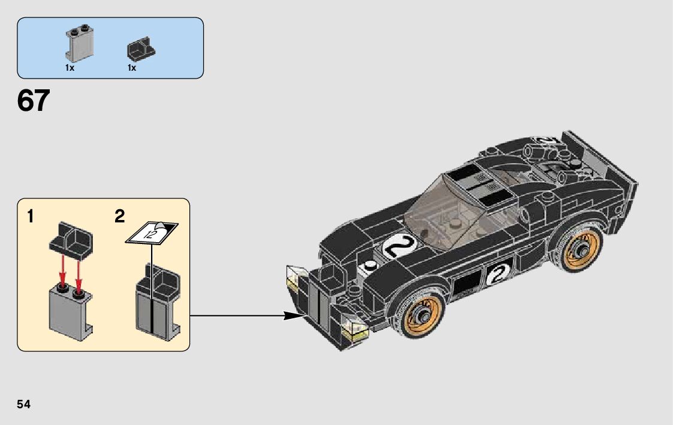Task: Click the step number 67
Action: [x=34, y=101]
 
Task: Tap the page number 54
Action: [x=23, y=405]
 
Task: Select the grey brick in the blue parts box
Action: [x=79, y=44]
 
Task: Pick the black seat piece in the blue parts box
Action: [x=141, y=49]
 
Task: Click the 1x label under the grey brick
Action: [x=70, y=68]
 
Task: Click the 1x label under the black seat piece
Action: [x=132, y=68]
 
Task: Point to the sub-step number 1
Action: [x=30, y=216]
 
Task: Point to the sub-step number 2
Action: [x=120, y=216]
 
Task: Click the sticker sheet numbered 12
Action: [x=152, y=233]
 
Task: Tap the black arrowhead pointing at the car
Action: [x=295, y=316]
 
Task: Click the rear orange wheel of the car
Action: [x=579, y=249]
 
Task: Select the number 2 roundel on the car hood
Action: [x=399, y=247]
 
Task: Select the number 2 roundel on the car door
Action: [x=498, y=275]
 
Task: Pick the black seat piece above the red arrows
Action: [x=71, y=241]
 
